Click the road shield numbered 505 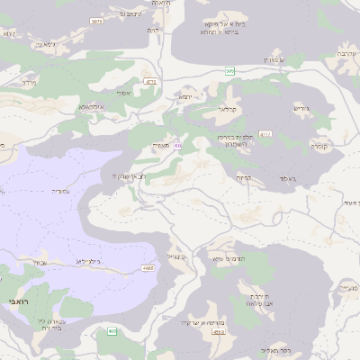(x=229, y=70)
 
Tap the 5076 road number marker (x=97, y=21)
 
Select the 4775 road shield (x=150, y=82)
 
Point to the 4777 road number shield (x=265, y=134)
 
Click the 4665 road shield (x=147, y=268)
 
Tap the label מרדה (x=27, y=80)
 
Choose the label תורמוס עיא (x=229, y=259)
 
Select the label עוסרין (x=273, y=59)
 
